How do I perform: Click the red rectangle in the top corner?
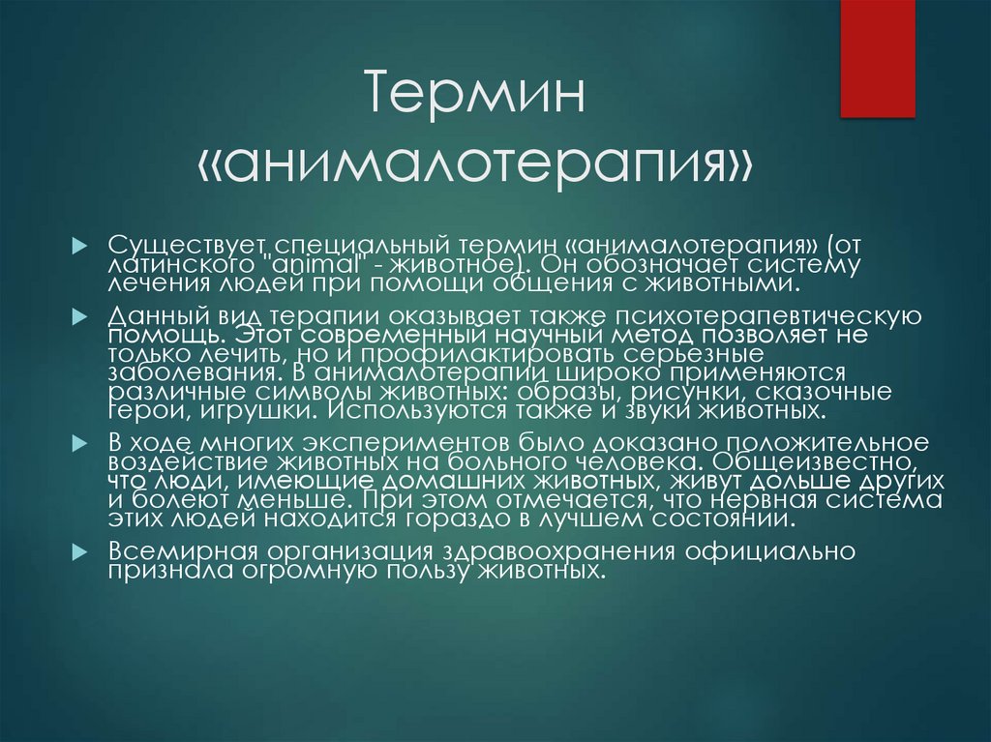point(877,58)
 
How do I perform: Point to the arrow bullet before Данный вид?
point(81,315)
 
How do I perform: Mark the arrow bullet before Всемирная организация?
point(81,550)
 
